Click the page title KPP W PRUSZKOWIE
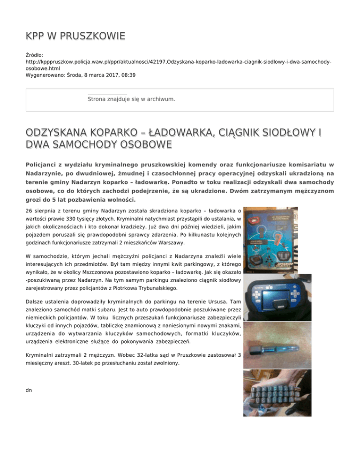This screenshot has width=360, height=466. pos(75,36)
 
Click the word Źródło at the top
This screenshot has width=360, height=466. pos(35,55)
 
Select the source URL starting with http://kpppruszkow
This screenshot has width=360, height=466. pos(178,62)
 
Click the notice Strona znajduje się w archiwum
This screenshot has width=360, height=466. pos(131,99)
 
